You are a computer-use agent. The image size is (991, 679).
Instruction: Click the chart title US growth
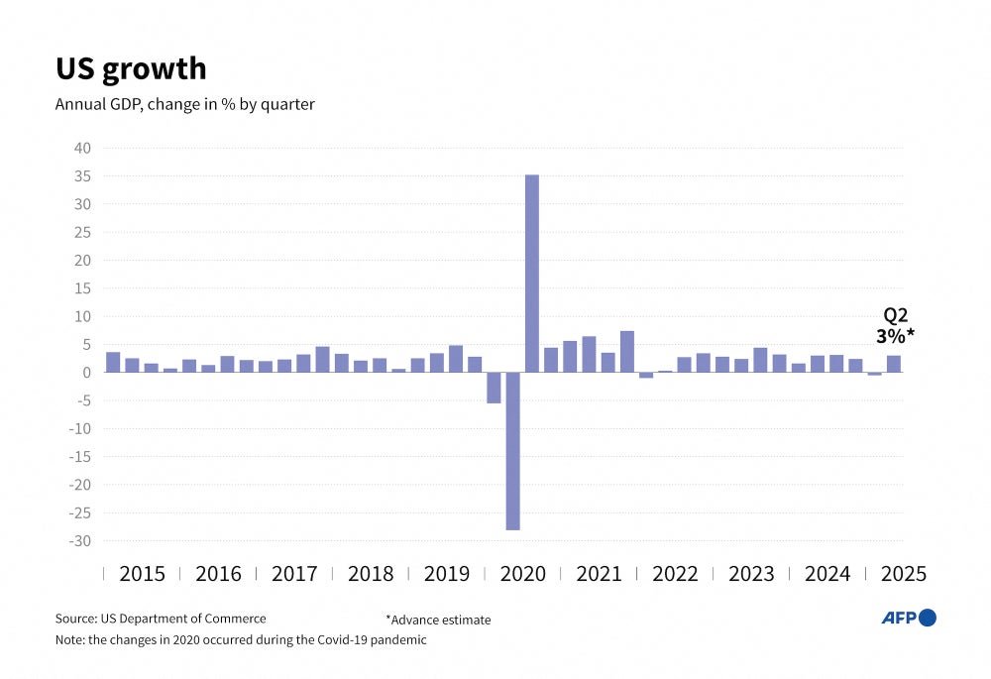tap(130, 68)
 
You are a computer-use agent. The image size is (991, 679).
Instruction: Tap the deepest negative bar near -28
tap(513, 451)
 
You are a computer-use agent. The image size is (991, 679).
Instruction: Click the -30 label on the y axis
tap(78, 541)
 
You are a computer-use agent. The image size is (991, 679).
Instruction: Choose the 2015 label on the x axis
tap(142, 574)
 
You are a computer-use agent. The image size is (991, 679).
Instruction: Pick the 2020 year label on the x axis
tap(522, 574)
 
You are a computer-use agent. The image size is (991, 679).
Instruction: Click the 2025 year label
tap(903, 574)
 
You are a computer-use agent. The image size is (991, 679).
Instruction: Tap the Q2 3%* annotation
tap(895, 326)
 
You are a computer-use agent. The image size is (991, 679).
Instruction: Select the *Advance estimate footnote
tap(438, 621)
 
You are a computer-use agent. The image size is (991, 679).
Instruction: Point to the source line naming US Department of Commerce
tap(161, 620)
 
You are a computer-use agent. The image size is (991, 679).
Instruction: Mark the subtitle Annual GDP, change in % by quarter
tap(184, 104)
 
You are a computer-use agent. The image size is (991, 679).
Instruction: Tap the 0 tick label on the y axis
tap(87, 373)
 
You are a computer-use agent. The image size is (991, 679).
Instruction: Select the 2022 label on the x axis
tap(675, 574)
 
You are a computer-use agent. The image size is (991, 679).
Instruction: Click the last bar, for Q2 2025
tap(894, 364)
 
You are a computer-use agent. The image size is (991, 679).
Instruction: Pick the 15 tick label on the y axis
tap(81, 288)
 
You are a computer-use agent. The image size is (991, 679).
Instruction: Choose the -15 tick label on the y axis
tap(78, 457)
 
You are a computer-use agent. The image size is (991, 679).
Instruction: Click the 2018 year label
tap(371, 574)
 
